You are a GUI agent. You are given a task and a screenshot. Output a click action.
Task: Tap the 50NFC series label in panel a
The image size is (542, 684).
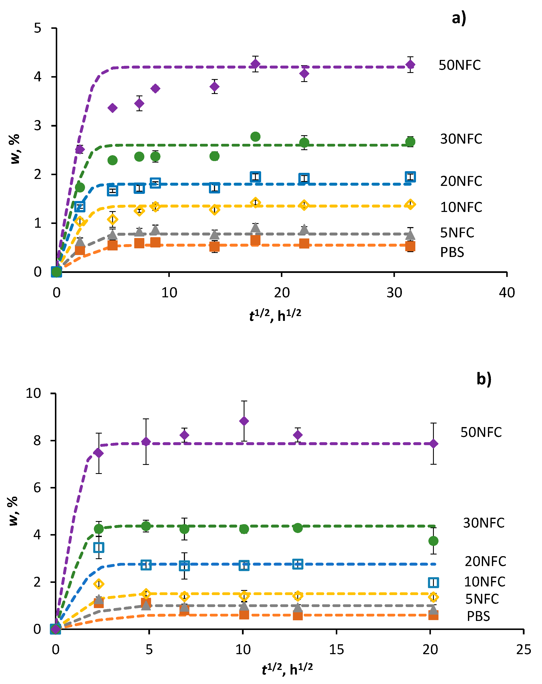pyautogui.click(x=460, y=65)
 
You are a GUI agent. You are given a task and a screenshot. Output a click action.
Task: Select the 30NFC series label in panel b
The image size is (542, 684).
pyautogui.click(x=483, y=523)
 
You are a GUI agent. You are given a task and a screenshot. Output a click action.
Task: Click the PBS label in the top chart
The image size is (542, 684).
pyautogui.click(x=452, y=252)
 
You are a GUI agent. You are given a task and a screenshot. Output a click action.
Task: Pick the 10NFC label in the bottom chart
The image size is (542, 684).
pyautogui.click(x=484, y=582)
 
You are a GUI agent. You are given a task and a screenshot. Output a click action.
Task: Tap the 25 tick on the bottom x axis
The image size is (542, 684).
pyautogui.click(x=523, y=650)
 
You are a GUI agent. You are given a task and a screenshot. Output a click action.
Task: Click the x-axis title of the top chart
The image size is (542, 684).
pyautogui.click(x=275, y=316)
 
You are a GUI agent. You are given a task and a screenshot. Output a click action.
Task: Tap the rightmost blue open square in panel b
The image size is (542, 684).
pyautogui.click(x=433, y=582)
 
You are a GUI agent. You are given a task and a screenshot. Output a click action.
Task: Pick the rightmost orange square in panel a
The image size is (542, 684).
pyautogui.click(x=410, y=246)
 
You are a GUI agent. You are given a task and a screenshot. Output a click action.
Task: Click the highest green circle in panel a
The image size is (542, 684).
pyautogui.click(x=255, y=137)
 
